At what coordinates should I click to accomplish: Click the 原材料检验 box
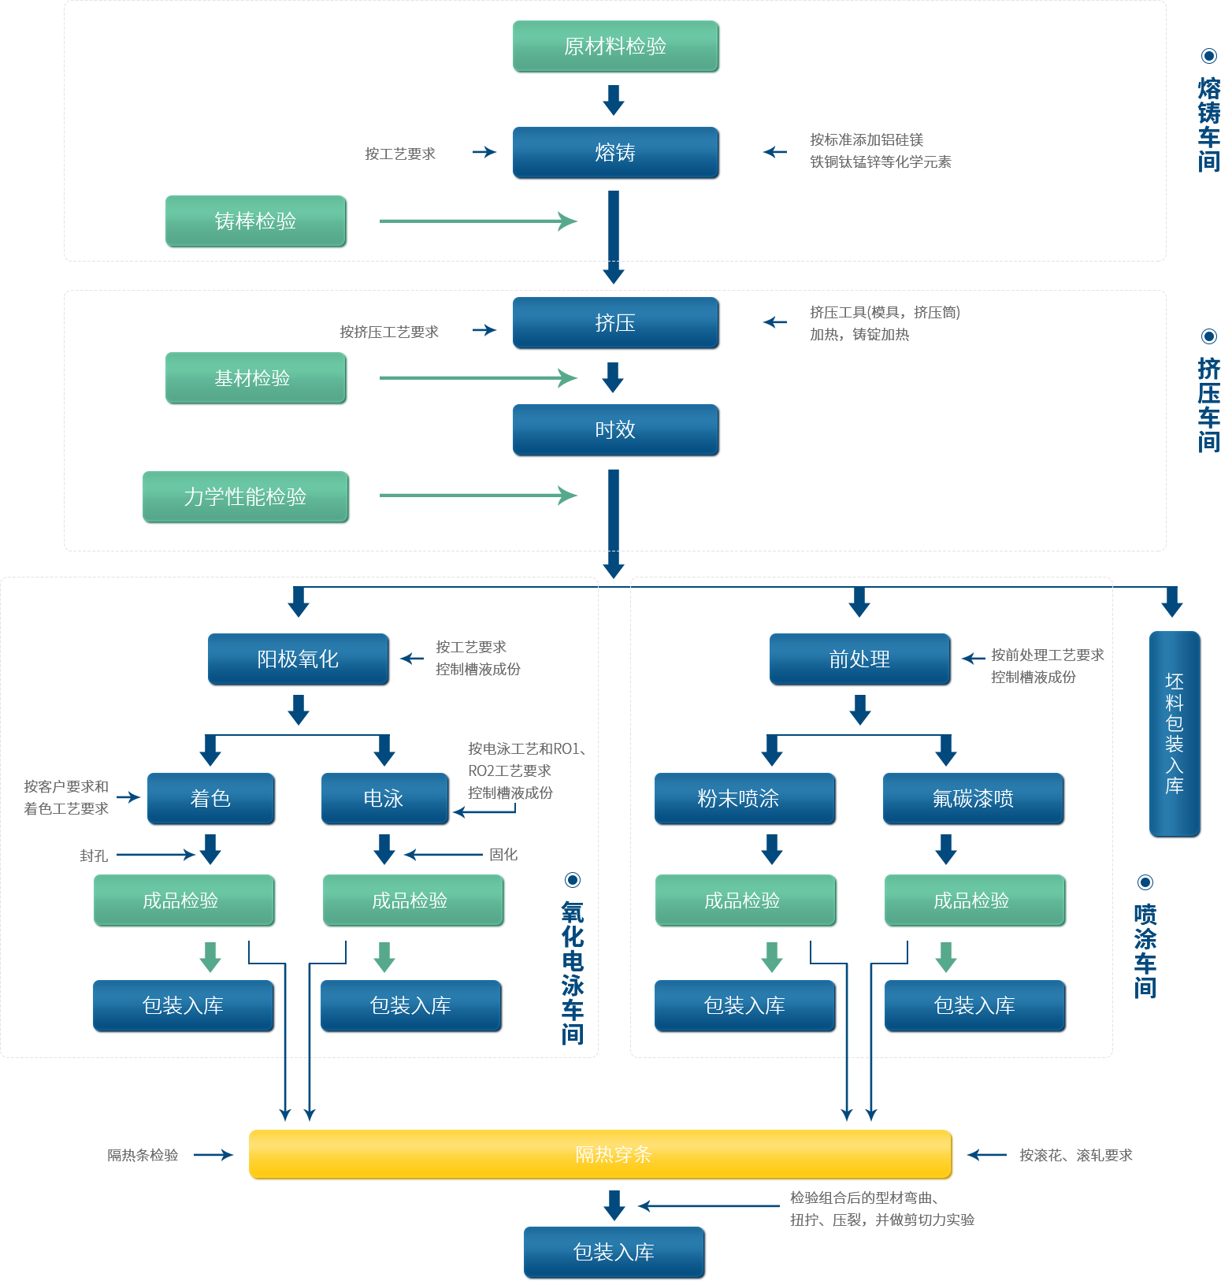616,46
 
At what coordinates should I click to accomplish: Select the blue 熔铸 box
616,153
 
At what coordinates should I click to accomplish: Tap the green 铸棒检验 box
256,221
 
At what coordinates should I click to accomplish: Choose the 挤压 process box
616,323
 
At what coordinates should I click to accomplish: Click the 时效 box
616,430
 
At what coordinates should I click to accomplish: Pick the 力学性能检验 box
246,497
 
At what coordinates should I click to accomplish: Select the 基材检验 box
256,378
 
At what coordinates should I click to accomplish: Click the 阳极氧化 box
299,659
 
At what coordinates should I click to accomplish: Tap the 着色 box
211,799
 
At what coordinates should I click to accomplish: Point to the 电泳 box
384,799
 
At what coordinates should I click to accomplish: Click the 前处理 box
860,659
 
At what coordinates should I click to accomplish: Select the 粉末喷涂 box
744,799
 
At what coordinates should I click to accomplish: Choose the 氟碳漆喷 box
974,799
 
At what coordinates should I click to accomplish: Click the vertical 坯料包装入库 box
1175,733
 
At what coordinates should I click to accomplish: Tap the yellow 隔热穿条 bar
601,1155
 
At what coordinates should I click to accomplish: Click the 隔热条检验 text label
143,1156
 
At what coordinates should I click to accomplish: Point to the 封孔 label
94,856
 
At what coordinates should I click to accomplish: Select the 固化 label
503,855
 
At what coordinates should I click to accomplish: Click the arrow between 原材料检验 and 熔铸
614,100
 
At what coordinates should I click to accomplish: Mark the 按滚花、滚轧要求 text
1076,1156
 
